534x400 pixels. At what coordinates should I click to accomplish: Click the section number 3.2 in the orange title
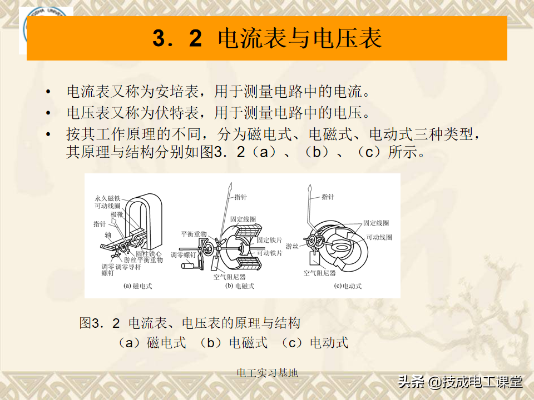click(176, 38)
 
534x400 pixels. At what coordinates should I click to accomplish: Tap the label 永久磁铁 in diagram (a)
click(107, 198)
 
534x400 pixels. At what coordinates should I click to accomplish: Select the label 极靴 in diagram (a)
click(117, 214)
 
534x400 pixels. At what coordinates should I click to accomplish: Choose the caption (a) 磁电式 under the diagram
click(137, 286)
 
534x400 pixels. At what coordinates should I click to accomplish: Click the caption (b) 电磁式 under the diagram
click(239, 286)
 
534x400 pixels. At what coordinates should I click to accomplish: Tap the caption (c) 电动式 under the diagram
click(347, 286)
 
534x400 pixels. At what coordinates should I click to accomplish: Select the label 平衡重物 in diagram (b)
click(194, 234)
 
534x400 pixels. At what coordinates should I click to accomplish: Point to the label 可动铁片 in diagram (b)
click(269, 253)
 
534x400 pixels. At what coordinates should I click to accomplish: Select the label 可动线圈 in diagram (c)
click(379, 237)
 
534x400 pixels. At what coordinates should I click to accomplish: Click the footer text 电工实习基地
click(267, 373)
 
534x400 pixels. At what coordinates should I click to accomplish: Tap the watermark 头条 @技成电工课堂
click(460, 382)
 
